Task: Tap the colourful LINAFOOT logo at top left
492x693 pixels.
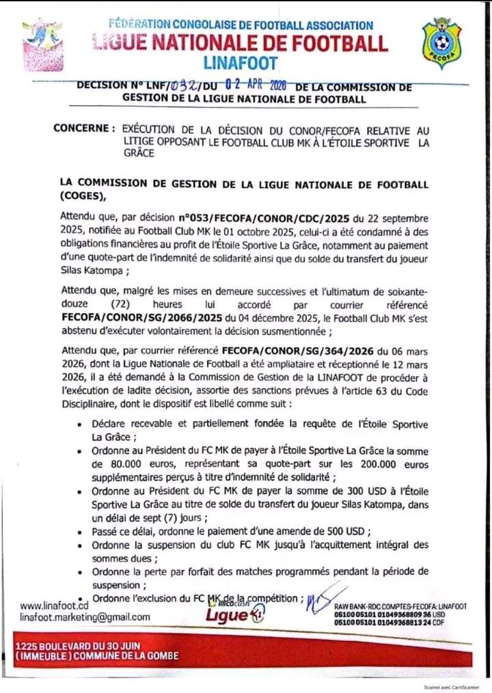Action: (44, 44)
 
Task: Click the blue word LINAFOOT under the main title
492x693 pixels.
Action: (241, 64)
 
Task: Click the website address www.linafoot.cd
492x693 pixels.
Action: (55, 606)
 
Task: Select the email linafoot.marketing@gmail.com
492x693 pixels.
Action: (85, 616)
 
